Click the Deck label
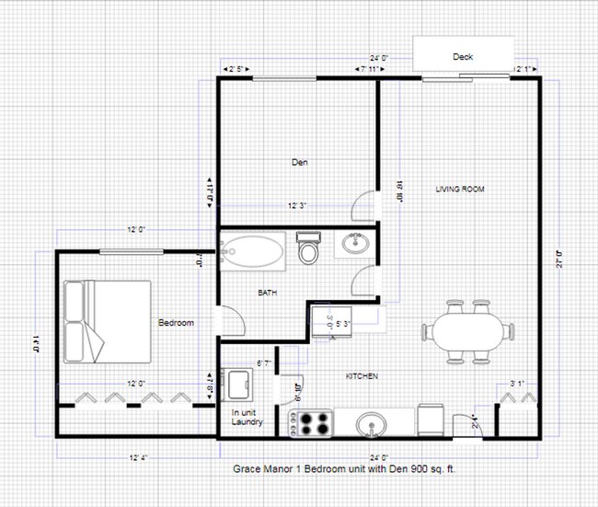[x=463, y=57]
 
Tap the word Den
[x=299, y=163]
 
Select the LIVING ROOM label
[x=459, y=190]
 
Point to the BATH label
[x=267, y=294]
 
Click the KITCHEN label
[x=362, y=376]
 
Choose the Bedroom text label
[x=176, y=323]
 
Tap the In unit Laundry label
[x=247, y=419]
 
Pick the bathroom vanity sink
[x=354, y=244]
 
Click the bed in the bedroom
[x=108, y=320]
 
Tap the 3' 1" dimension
[x=518, y=384]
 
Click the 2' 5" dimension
[x=236, y=69]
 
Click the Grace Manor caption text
[x=345, y=468]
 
